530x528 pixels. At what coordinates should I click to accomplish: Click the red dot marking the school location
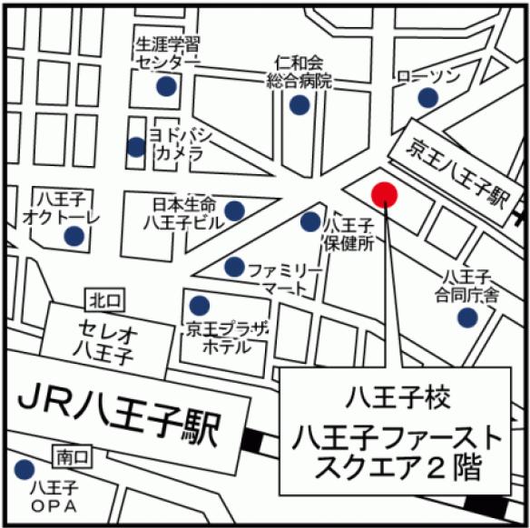click(384, 193)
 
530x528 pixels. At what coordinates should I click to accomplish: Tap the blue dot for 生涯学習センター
click(165, 86)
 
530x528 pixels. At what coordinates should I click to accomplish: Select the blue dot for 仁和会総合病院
click(299, 105)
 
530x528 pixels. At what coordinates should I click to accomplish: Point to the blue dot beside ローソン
click(427, 98)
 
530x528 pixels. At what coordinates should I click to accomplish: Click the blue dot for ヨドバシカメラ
click(136, 146)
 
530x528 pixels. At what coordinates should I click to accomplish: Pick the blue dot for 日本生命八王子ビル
click(234, 210)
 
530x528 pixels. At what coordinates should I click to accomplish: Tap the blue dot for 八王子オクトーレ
click(74, 236)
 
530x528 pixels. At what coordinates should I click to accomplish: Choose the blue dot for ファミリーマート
click(234, 267)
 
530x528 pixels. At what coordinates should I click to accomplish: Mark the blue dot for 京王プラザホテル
click(198, 305)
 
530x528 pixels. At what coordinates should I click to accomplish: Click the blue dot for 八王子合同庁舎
click(466, 318)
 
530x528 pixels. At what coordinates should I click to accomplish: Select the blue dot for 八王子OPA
click(24, 470)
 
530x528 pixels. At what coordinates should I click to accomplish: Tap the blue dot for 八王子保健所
click(310, 221)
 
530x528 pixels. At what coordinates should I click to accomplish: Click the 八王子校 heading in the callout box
click(395, 396)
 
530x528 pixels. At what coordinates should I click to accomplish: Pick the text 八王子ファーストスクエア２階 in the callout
click(396, 453)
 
